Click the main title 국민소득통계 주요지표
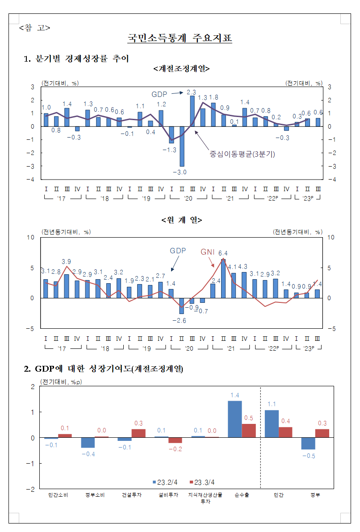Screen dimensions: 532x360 pyautogui.click(x=180, y=38)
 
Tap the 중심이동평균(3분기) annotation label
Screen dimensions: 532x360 pyautogui.click(x=243, y=155)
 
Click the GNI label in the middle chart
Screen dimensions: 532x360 pyautogui.click(x=208, y=252)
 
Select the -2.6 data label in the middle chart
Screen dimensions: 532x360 pyautogui.click(x=181, y=321)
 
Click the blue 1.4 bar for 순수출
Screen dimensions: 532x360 pyautogui.click(x=235, y=419)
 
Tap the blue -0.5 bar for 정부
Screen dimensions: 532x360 pyautogui.click(x=308, y=443)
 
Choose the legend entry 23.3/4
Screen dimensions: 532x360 pyautogui.click(x=203, y=482)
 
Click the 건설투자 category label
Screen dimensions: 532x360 pyautogui.click(x=132, y=495)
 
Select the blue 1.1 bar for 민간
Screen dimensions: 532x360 pyautogui.click(x=272, y=423)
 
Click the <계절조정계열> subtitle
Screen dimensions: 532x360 pyautogui.click(x=181, y=69)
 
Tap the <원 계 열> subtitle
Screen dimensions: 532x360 pyautogui.click(x=181, y=220)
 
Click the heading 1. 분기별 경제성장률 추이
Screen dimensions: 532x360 pyautogui.click(x=76, y=58)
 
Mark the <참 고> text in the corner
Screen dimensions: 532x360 pyautogui.click(x=34, y=28)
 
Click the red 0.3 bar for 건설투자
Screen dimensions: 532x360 pyautogui.click(x=138, y=433)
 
